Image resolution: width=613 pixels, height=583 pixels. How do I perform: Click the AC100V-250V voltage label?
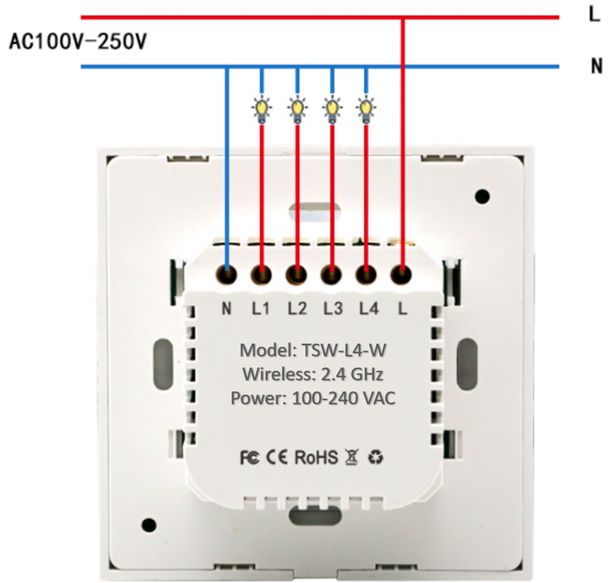click(x=78, y=42)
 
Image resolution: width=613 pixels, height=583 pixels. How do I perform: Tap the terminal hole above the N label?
click(x=226, y=275)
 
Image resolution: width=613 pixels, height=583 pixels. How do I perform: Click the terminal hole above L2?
click(x=296, y=275)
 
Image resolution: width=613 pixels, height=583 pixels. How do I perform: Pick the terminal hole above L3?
click(x=332, y=275)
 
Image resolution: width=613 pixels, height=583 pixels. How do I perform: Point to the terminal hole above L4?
click(x=367, y=275)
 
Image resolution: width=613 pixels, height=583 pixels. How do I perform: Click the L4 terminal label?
click(x=368, y=308)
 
